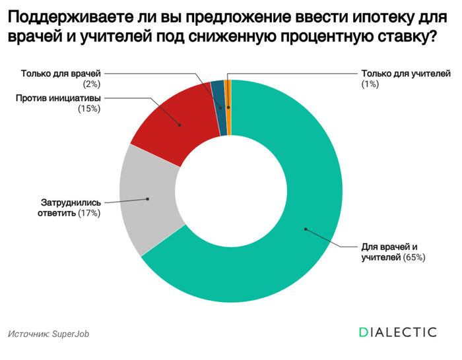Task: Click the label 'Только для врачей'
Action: [62, 74]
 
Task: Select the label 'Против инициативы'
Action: [59, 98]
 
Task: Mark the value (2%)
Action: [91, 84]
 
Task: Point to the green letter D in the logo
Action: [364, 332]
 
